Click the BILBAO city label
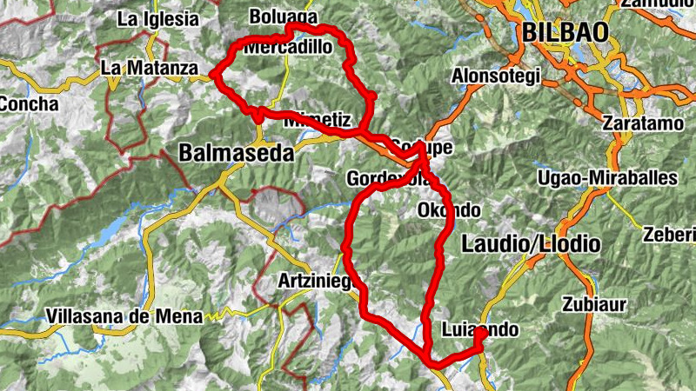pyautogui.click(x=565, y=32)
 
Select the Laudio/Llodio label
pyautogui.click(x=532, y=244)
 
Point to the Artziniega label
pyautogui.click(x=310, y=282)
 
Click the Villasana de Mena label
pyautogui.click(x=125, y=316)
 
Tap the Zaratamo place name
pyautogui.click(x=643, y=124)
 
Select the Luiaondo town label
pyautogui.click(x=480, y=330)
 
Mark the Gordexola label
pyautogui.click(x=386, y=179)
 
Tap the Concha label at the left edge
pyautogui.click(x=28, y=104)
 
